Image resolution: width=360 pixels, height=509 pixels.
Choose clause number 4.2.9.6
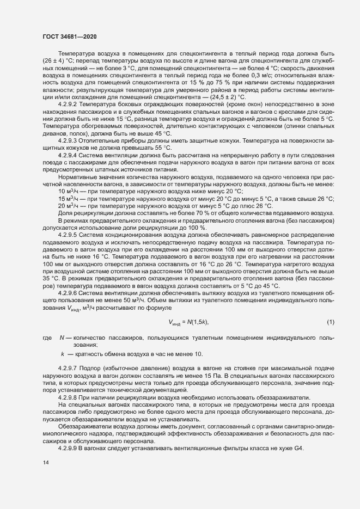pos(70,292)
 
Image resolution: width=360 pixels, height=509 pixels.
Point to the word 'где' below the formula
pos(47,339)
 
